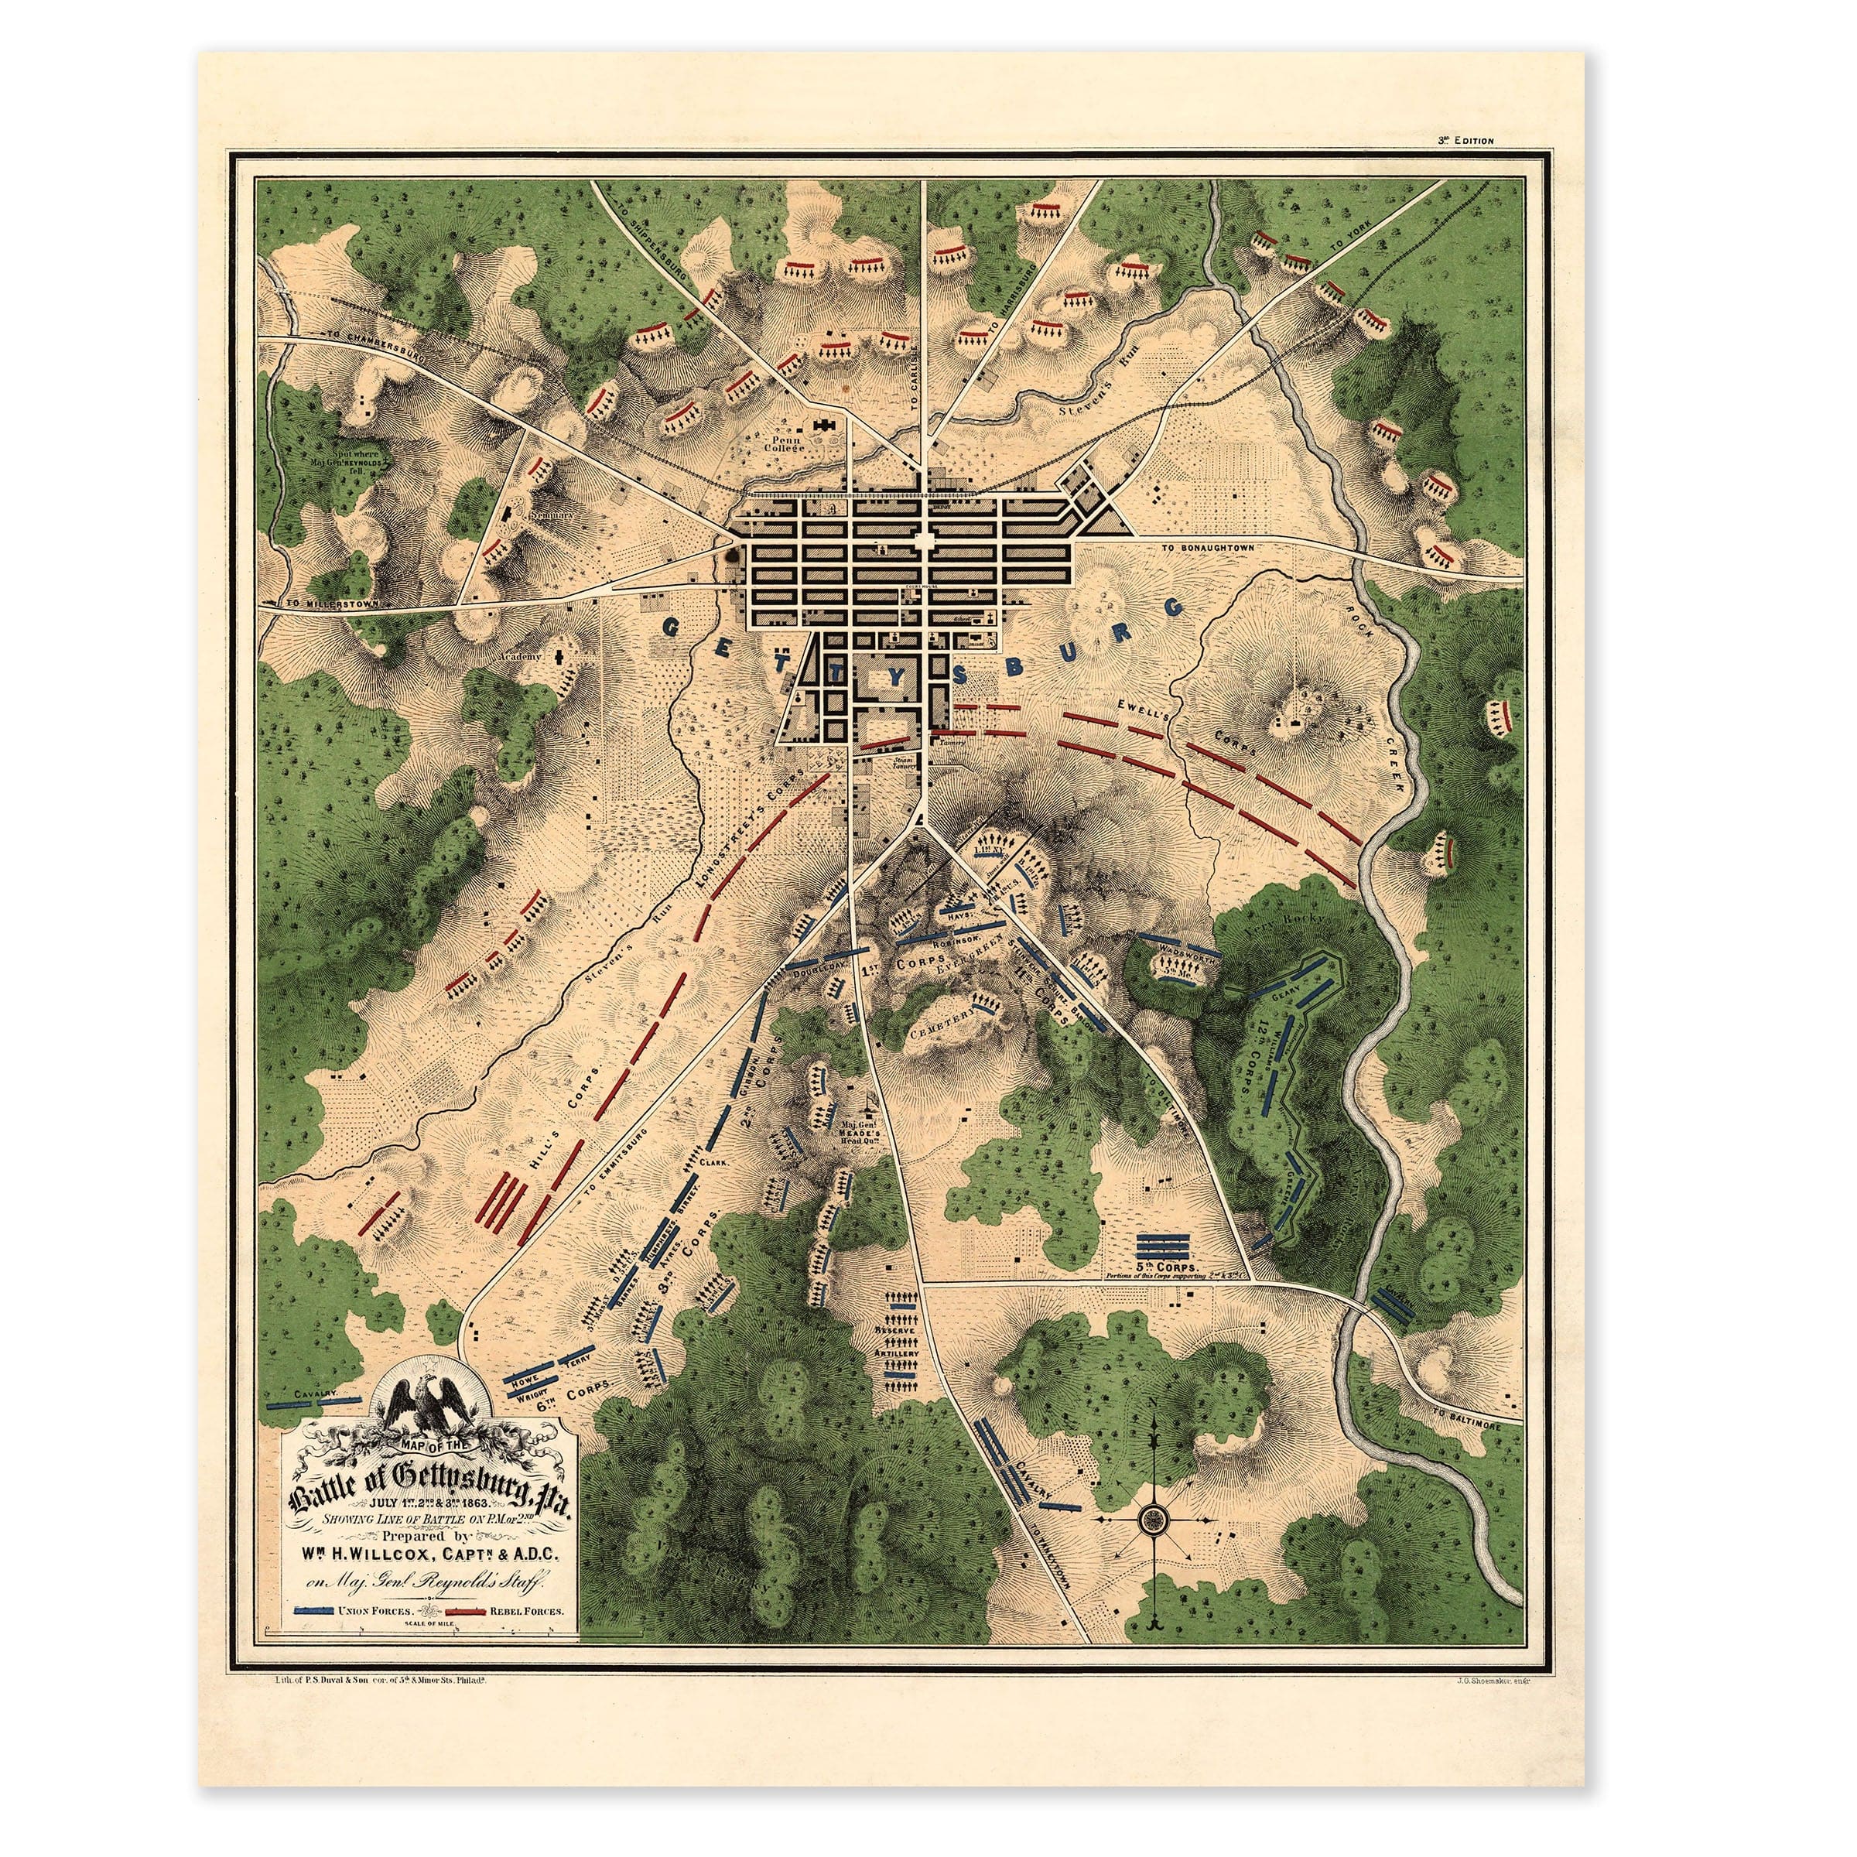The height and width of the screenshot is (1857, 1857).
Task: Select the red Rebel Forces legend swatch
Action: point(463,1609)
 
